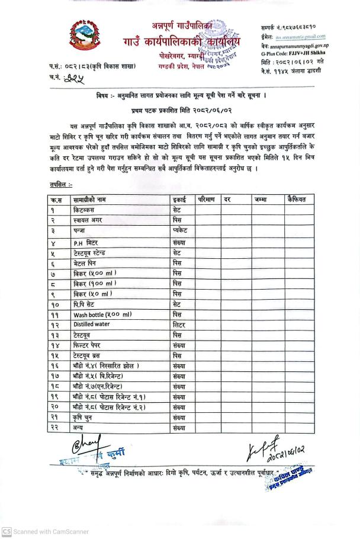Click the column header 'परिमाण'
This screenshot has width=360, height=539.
207,200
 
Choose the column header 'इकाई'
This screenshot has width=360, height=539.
179,200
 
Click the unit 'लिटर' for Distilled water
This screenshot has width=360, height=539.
179,325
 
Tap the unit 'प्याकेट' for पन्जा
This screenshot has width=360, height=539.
181,230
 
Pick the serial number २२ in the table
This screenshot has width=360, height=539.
56,428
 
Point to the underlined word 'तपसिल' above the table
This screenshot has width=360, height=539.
60,185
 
